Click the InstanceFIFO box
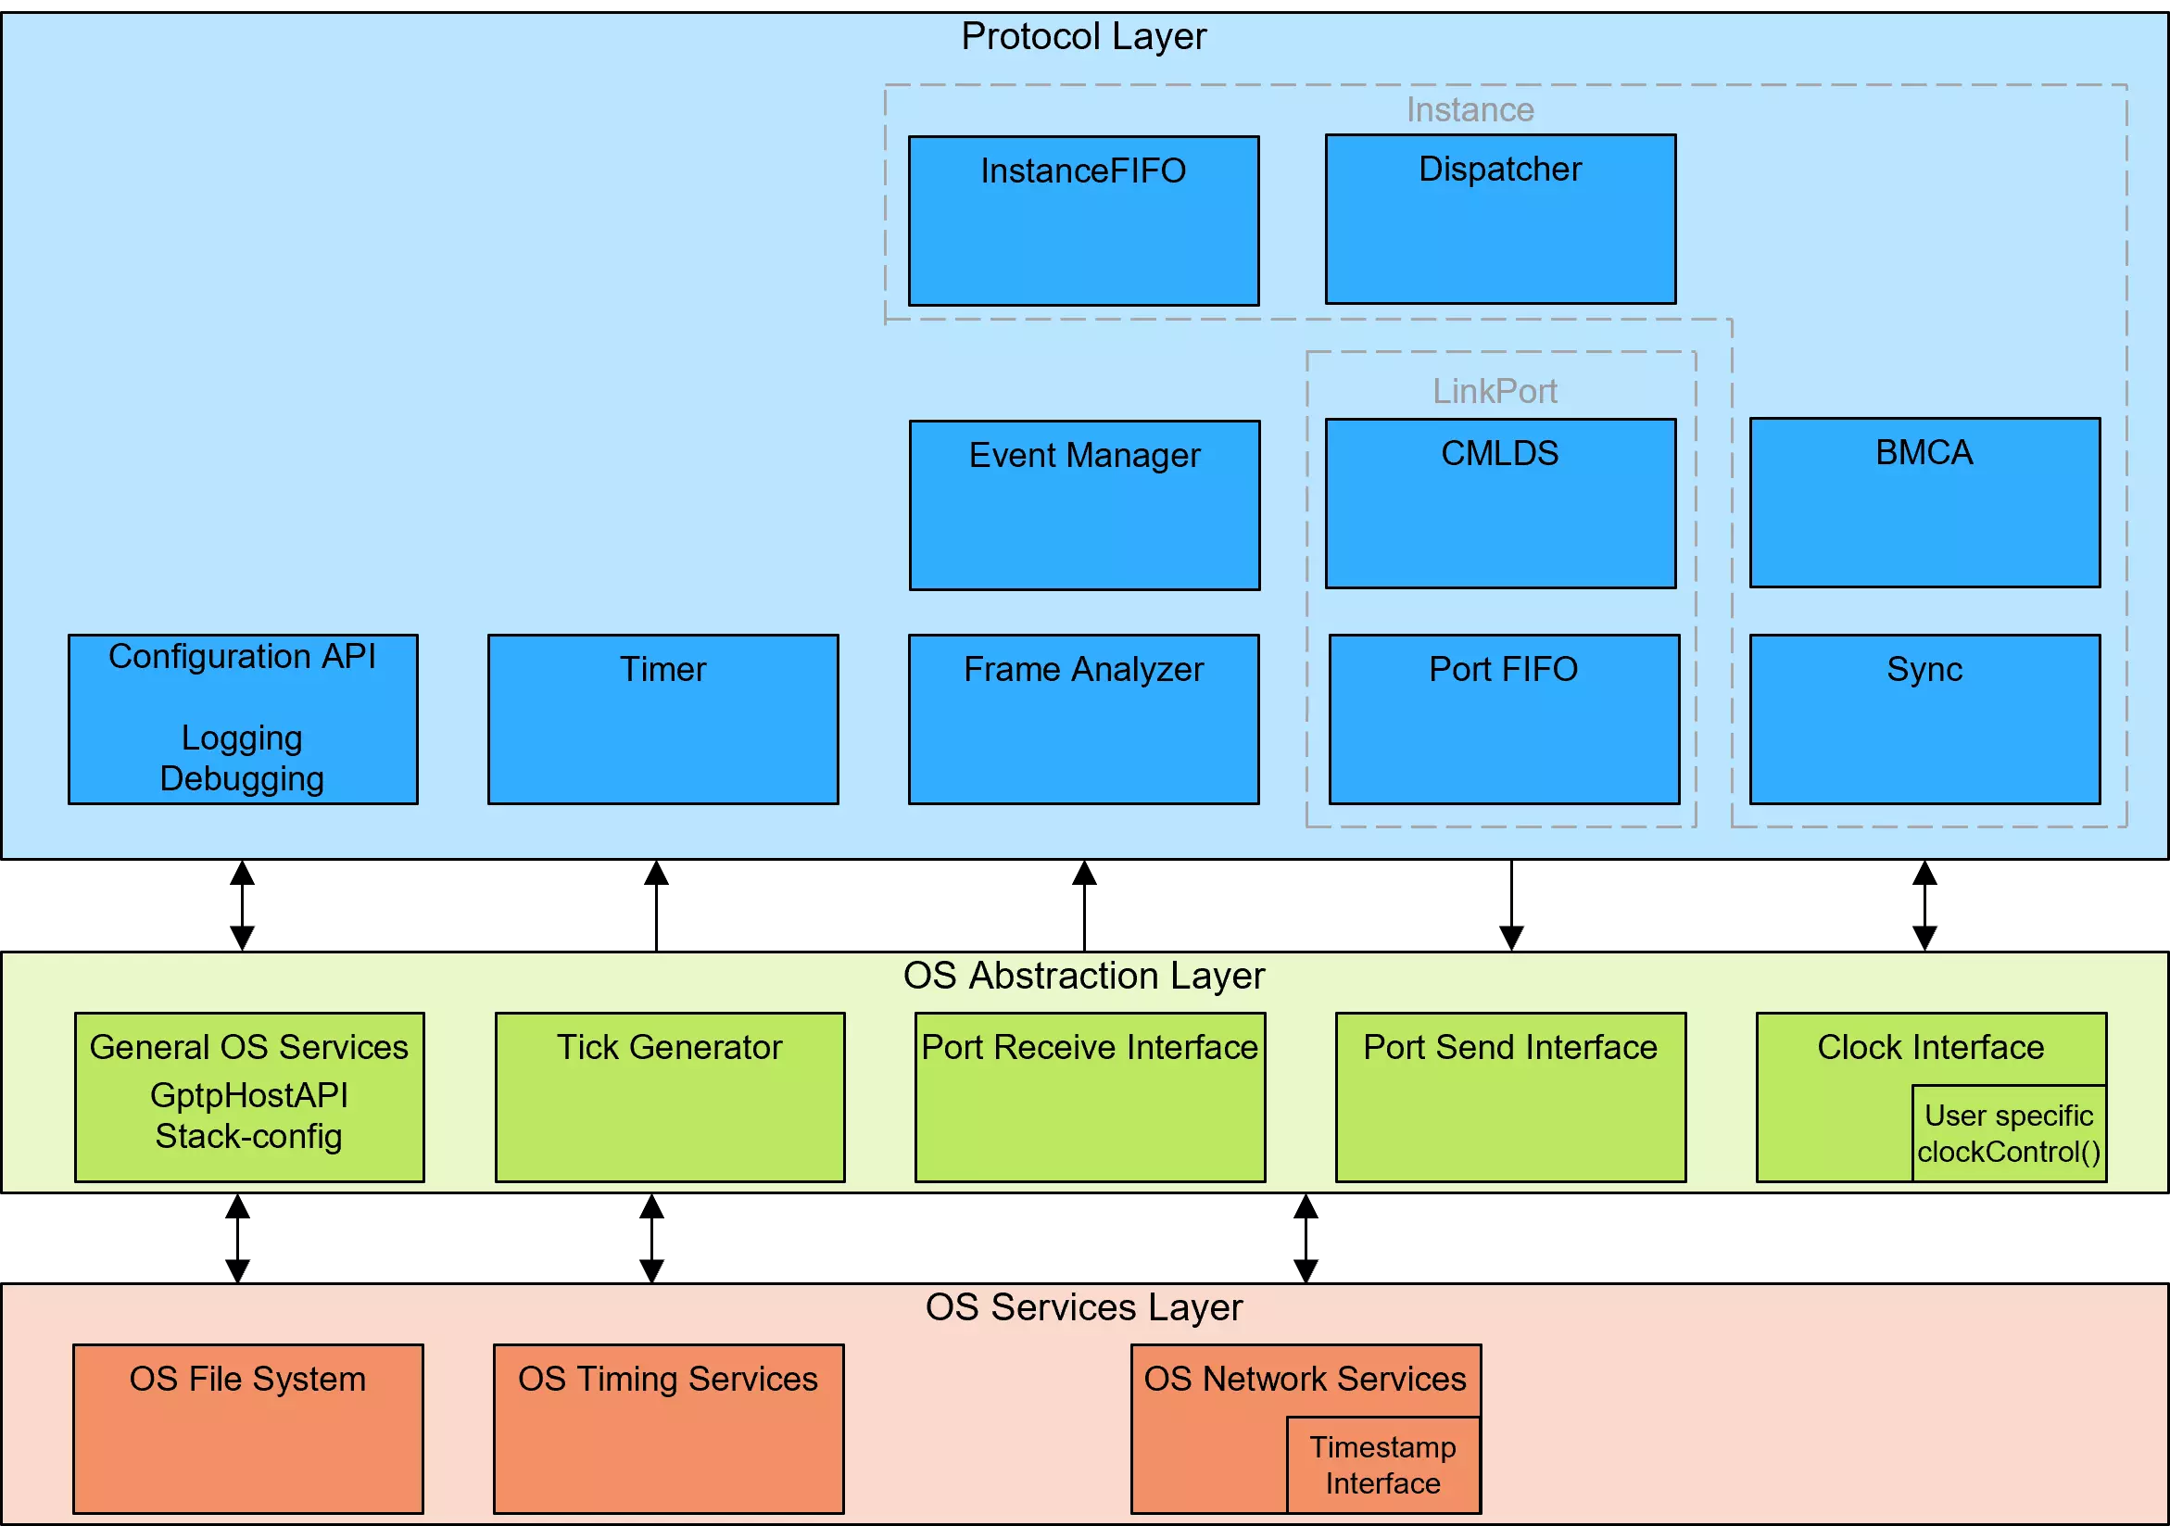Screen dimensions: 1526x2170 click(1083, 221)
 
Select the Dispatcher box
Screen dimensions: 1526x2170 click(1500, 220)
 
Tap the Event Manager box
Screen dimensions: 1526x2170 click(1084, 506)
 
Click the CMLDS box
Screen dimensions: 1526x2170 click(1500, 504)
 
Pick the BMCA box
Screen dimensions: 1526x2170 click(1924, 503)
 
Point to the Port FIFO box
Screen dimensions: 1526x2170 click(1504, 719)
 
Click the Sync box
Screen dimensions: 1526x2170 click(1924, 719)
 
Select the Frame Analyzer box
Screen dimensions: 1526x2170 click(1083, 719)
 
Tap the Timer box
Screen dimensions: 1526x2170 click(662, 719)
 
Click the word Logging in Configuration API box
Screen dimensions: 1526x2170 click(242, 738)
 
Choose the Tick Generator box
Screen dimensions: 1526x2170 click(669, 1097)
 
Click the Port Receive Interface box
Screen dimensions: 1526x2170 click(1090, 1097)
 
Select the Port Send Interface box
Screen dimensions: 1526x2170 click(1510, 1097)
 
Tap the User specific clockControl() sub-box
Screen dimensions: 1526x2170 click(2009, 1134)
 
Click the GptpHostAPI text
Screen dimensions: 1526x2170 click(248, 1095)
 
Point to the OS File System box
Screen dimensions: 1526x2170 click(247, 1429)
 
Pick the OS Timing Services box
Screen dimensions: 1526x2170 click(668, 1429)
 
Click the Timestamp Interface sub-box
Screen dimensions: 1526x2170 click(1382, 1466)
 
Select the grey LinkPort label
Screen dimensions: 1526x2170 click(1495, 391)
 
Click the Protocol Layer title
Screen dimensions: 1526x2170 click(1083, 37)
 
